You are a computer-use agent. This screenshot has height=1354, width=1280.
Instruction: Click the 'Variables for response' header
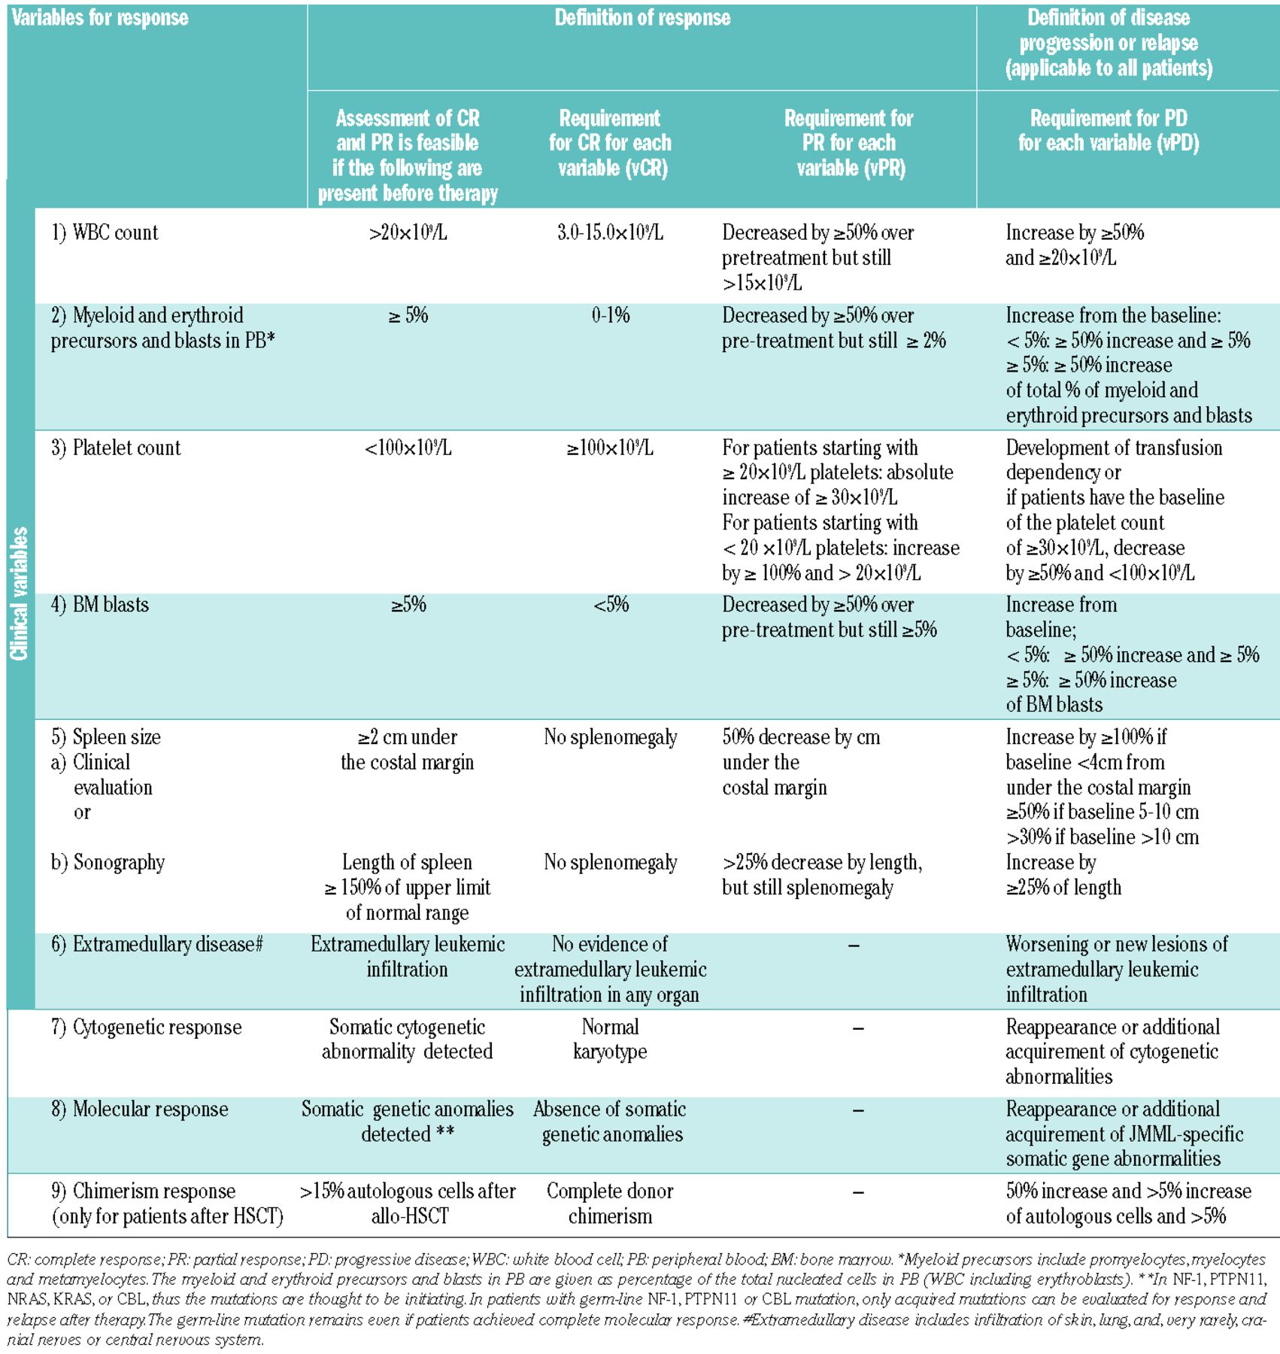coord(100,18)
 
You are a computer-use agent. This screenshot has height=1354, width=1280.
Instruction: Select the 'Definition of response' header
coord(642,18)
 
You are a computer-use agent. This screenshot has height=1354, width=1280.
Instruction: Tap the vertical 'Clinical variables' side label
coord(20,594)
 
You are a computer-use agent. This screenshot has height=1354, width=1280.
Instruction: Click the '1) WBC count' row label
coord(105,232)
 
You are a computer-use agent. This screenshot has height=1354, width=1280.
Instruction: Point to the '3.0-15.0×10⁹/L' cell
coord(610,232)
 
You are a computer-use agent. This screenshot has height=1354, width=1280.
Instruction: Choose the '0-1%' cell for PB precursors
coord(610,315)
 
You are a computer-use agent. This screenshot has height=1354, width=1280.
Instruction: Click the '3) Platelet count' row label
coord(116,448)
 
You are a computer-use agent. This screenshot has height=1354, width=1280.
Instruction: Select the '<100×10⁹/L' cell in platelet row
coord(408,448)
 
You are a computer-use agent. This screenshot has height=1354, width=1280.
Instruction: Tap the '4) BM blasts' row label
coord(100,605)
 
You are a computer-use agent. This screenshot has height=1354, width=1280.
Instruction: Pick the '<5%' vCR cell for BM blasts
coord(610,605)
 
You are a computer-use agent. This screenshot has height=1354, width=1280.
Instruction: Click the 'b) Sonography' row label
coord(108,862)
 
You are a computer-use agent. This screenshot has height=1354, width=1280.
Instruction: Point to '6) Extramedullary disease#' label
coord(156,945)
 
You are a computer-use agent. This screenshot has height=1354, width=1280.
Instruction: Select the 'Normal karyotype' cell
coord(610,1039)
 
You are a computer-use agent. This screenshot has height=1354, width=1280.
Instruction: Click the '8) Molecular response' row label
coord(140,1110)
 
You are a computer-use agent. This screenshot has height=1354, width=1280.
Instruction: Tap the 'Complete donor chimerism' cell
coord(610,1204)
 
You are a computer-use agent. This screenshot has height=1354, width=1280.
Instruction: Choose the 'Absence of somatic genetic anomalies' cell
coord(610,1122)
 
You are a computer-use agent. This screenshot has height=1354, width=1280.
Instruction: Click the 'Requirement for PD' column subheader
coord(1108,131)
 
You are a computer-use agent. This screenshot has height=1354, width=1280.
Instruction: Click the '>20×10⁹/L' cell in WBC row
coord(408,232)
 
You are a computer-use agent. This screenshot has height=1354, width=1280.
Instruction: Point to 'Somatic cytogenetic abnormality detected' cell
coord(408,1039)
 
